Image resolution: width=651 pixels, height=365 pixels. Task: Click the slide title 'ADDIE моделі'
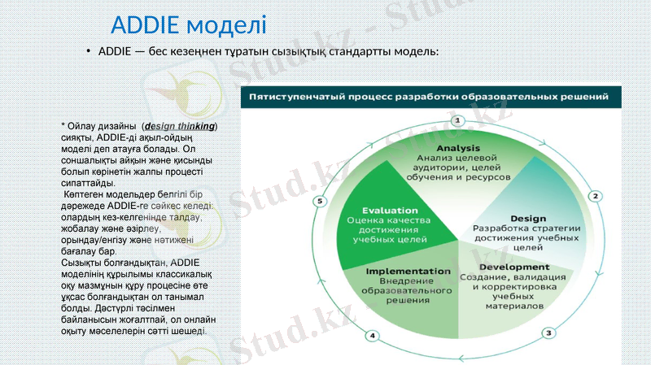[188, 24]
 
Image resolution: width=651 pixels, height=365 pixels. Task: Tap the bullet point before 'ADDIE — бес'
[89, 51]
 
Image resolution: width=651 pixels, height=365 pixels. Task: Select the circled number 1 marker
[457, 120]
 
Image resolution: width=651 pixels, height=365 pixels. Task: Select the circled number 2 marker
[595, 196]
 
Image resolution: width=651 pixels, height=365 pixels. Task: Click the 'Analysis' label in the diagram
[458, 147]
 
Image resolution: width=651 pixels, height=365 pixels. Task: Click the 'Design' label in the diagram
[528, 218]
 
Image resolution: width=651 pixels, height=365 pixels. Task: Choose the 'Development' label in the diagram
[513, 267]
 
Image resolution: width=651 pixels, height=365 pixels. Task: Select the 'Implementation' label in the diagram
[408, 271]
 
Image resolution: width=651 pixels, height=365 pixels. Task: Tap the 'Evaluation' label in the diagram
[390, 210]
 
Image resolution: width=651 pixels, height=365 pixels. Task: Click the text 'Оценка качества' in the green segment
[390, 220]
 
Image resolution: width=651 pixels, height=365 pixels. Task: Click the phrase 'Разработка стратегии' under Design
[527, 228]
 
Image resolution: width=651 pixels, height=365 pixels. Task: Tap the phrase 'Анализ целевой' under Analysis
[457, 157]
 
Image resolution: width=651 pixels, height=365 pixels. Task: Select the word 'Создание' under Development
[483, 277]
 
